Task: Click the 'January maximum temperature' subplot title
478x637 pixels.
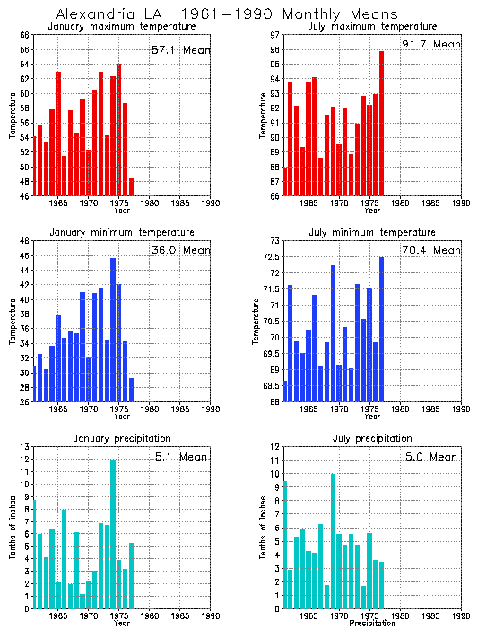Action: (x=121, y=27)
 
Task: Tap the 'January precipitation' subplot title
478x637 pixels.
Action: (x=121, y=438)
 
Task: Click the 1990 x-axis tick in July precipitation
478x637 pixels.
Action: (x=461, y=615)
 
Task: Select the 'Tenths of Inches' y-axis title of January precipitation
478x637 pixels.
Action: (x=13, y=529)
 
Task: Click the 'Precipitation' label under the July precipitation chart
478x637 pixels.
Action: (x=372, y=624)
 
